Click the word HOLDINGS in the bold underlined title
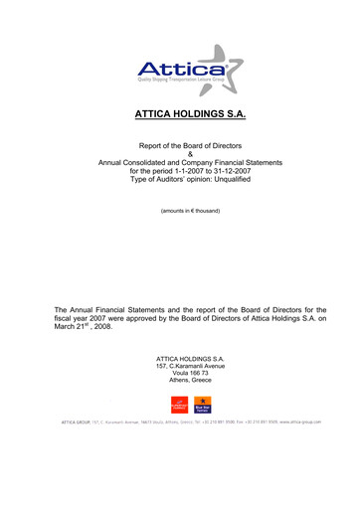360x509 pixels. (192, 115)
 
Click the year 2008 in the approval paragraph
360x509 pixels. (110, 326)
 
